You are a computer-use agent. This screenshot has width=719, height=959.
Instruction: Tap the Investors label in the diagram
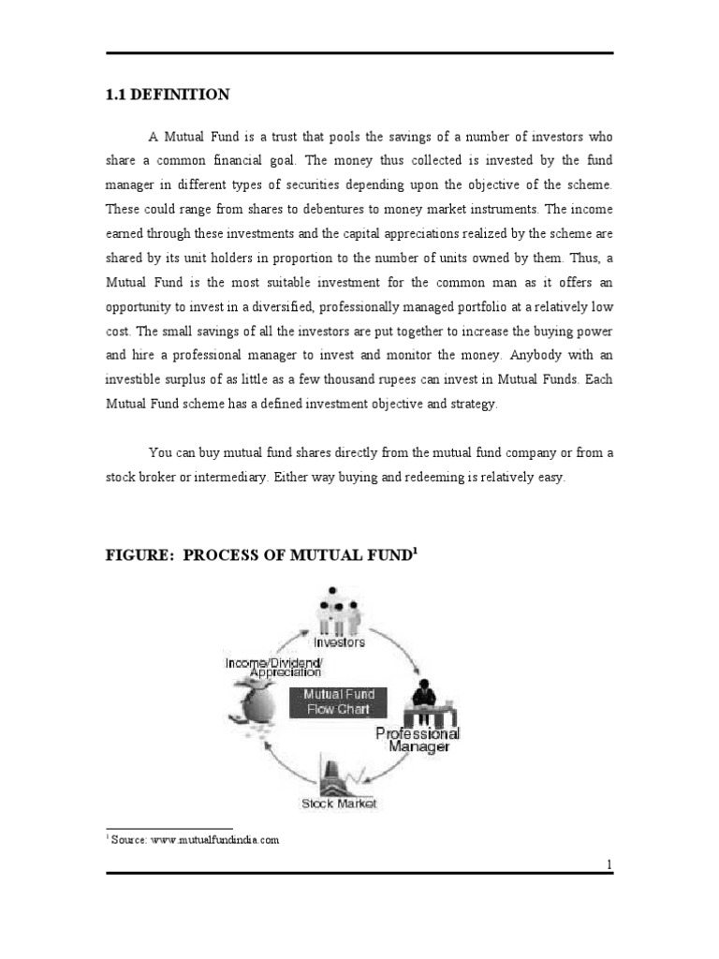340,642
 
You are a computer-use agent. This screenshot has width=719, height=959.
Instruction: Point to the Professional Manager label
417,739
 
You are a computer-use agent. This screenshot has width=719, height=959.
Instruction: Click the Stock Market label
340,804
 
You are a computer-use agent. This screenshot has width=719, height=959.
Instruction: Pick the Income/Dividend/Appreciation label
273,667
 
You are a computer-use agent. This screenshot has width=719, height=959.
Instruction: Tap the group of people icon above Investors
339,610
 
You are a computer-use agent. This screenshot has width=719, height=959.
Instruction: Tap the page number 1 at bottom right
609,864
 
